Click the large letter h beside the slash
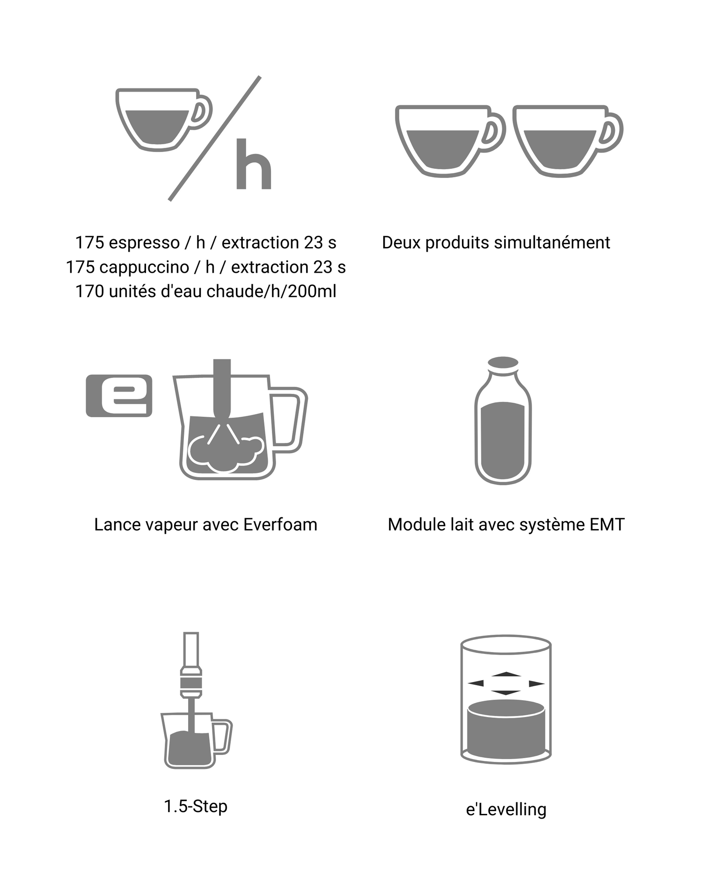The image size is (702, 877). pyautogui.click(x=254, y=164)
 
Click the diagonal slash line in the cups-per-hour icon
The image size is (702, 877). pyautogui.click(x=214, y=138)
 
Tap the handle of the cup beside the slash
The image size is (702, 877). pyautogui.click(x=202, y=112)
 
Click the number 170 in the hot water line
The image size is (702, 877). pyautogui.click(x=90, y=291)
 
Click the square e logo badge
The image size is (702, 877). pyautogui.click(x=119, y=395)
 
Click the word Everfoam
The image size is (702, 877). pyautogui.click(x=280, y=525)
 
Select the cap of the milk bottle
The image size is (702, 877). pyautogui.click(x=503, y=363)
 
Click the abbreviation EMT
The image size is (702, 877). pyautogui.click(x=607, y=525)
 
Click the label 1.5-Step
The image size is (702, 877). pyautogui.click(x=196, y=806)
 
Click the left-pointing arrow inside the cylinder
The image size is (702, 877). pyautogui.click(x=475, y=683)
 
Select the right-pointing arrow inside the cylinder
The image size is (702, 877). pyautogui.click(x=537, y=683)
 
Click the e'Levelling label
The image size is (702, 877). pyautogui.click(x=506, y=809)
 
